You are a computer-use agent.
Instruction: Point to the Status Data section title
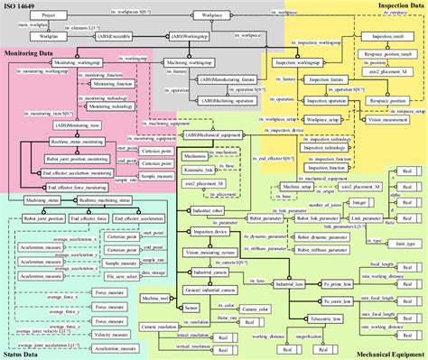23,354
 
